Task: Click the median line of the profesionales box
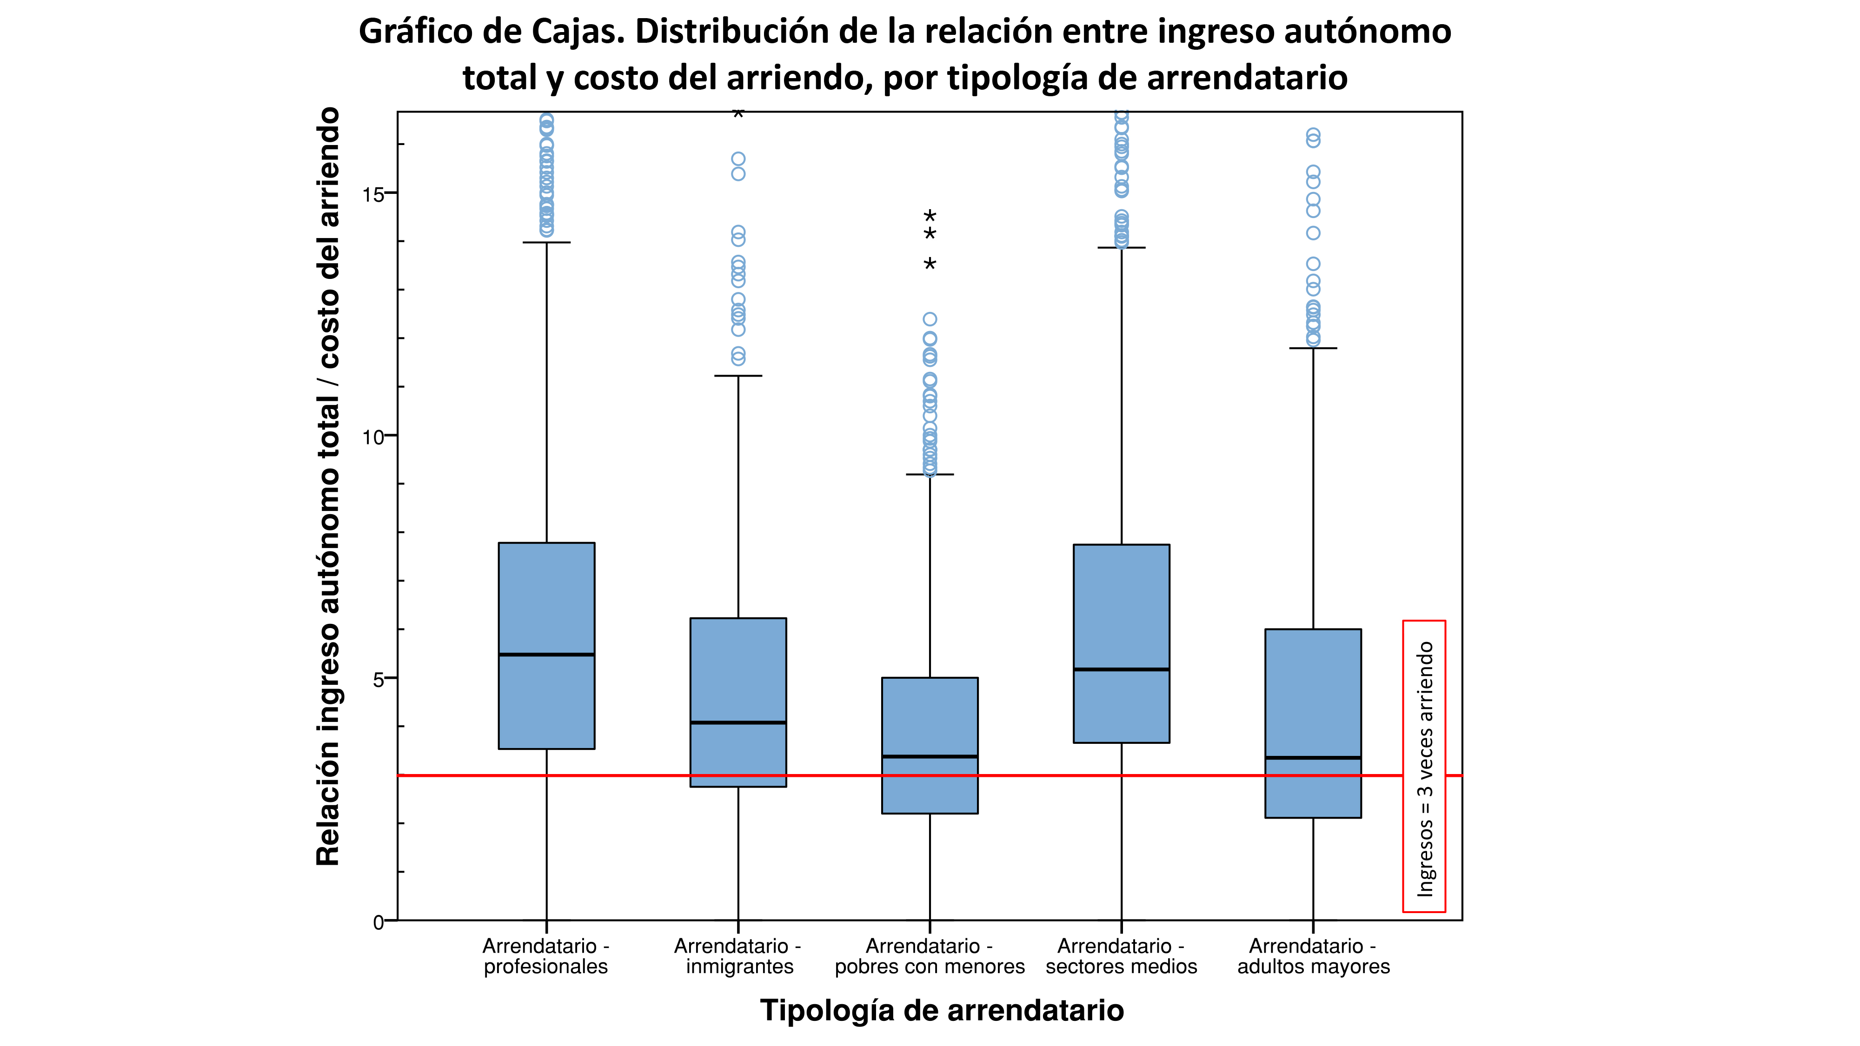click(x=546, y=654)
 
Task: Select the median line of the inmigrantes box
click(x=738, y=722)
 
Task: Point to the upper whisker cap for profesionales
click(x=546, y=243)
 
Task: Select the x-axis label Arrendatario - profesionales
click(x=546, y=956)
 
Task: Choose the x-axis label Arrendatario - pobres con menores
click(x=929, y=956)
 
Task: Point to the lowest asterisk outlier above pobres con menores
click(x=930, y=264)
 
